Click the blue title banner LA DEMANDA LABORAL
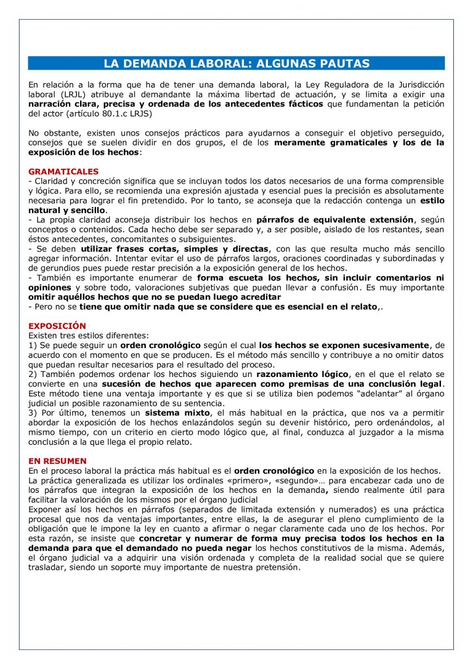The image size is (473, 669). click(236, 63)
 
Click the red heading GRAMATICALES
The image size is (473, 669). click(63, 172)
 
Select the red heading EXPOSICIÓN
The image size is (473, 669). click(57, 326)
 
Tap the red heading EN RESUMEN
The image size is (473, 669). click(57, 461)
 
